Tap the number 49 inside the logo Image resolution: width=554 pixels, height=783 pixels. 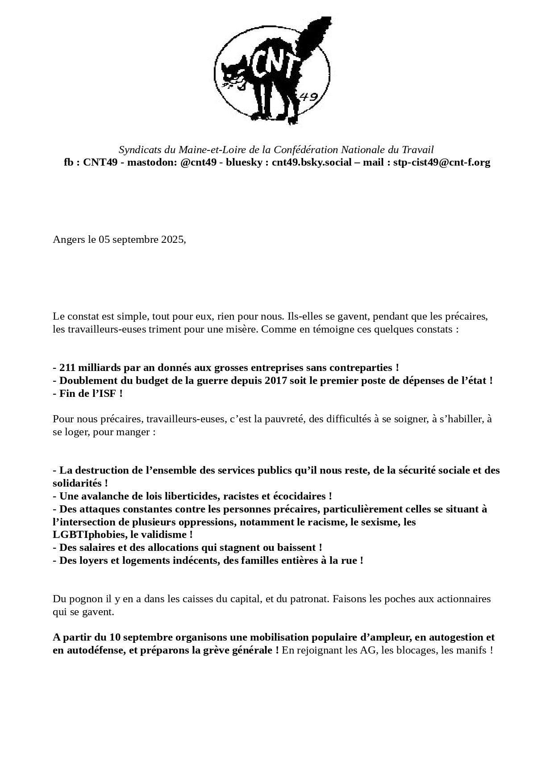point(308,97)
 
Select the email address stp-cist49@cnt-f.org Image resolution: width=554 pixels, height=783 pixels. point(442,162)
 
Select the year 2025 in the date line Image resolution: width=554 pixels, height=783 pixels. point(172,240)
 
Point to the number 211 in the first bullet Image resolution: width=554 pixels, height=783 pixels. point(67,368)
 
